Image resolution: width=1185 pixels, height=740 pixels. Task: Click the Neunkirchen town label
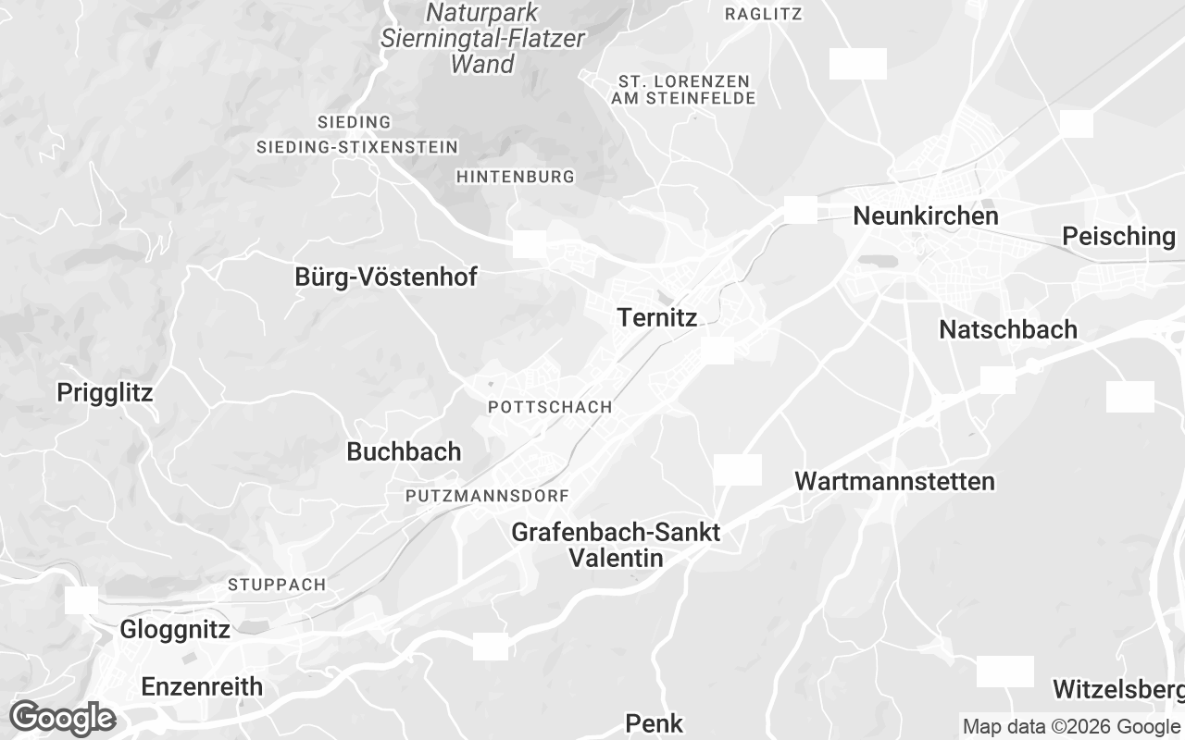[x=925, y=216]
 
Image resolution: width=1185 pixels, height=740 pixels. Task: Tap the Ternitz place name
[x=656, y=318]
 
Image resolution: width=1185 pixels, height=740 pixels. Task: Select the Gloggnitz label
[x=174, y=631]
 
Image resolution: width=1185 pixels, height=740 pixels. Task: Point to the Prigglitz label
[x=105, y=393]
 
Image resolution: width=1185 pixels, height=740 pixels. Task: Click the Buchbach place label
[x=403, y=452]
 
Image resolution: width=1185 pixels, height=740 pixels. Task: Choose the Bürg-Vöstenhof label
[x=385, y=277]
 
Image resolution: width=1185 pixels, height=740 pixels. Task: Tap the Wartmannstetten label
[x=894, y=482]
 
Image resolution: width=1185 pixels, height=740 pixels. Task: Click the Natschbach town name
[x=1007, y=330]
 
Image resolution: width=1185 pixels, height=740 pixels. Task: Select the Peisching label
[x=1118, y=237]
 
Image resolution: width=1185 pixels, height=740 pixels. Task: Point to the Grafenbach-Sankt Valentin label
[x=616, y=545]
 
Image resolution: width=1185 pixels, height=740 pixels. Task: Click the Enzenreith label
[x=202, y=687]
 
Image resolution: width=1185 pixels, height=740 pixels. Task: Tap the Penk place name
[x=654, y=723]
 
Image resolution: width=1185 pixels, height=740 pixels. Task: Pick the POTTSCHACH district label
[x=549, y=407]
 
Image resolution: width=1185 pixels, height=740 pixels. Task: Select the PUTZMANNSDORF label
[x=487, y=497]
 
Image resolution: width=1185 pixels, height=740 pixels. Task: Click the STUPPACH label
[x=277, y=585]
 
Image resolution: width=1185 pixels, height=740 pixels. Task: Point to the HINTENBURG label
[x=516, y=177]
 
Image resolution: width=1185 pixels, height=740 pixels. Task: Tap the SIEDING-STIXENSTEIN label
[x=356, y=147]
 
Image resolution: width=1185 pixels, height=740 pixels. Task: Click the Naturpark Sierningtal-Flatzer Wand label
[x=482, y=39]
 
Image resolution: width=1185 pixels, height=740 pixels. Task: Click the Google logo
[x=62, y=718]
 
